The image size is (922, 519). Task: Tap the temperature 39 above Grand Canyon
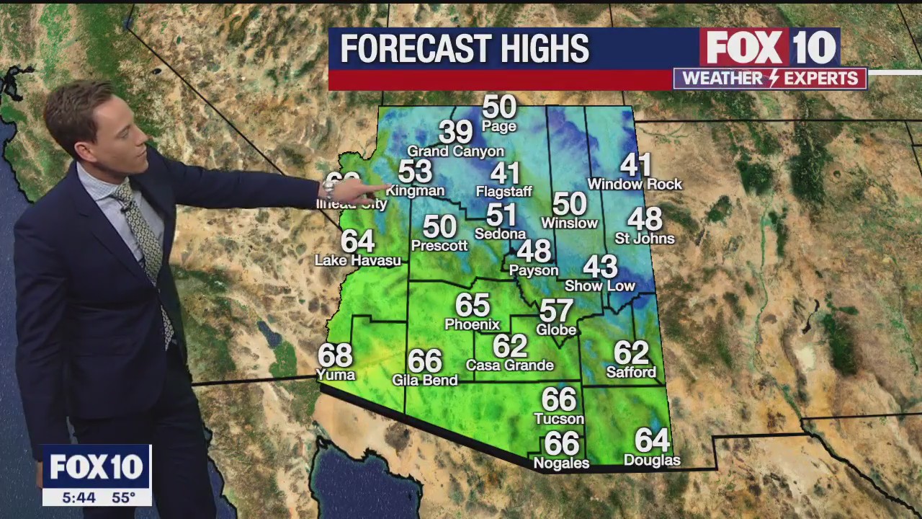pos(455,132)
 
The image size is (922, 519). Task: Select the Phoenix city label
pos(472,324)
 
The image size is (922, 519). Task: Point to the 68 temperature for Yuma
pos(335,355)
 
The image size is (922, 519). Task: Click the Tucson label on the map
pos(558,419)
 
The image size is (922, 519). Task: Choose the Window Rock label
pos(634,185)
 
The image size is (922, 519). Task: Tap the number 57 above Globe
pos(556,311)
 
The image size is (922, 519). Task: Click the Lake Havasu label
pos(357,260)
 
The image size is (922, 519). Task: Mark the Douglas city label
pos(651,460)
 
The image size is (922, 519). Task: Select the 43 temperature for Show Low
pos(599,267)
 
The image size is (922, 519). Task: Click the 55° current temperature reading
pos(123,497)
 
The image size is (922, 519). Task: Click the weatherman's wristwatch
pos(329,190)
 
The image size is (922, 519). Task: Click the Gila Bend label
pos(424,380)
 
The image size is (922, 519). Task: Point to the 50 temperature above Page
pos(499,107)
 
